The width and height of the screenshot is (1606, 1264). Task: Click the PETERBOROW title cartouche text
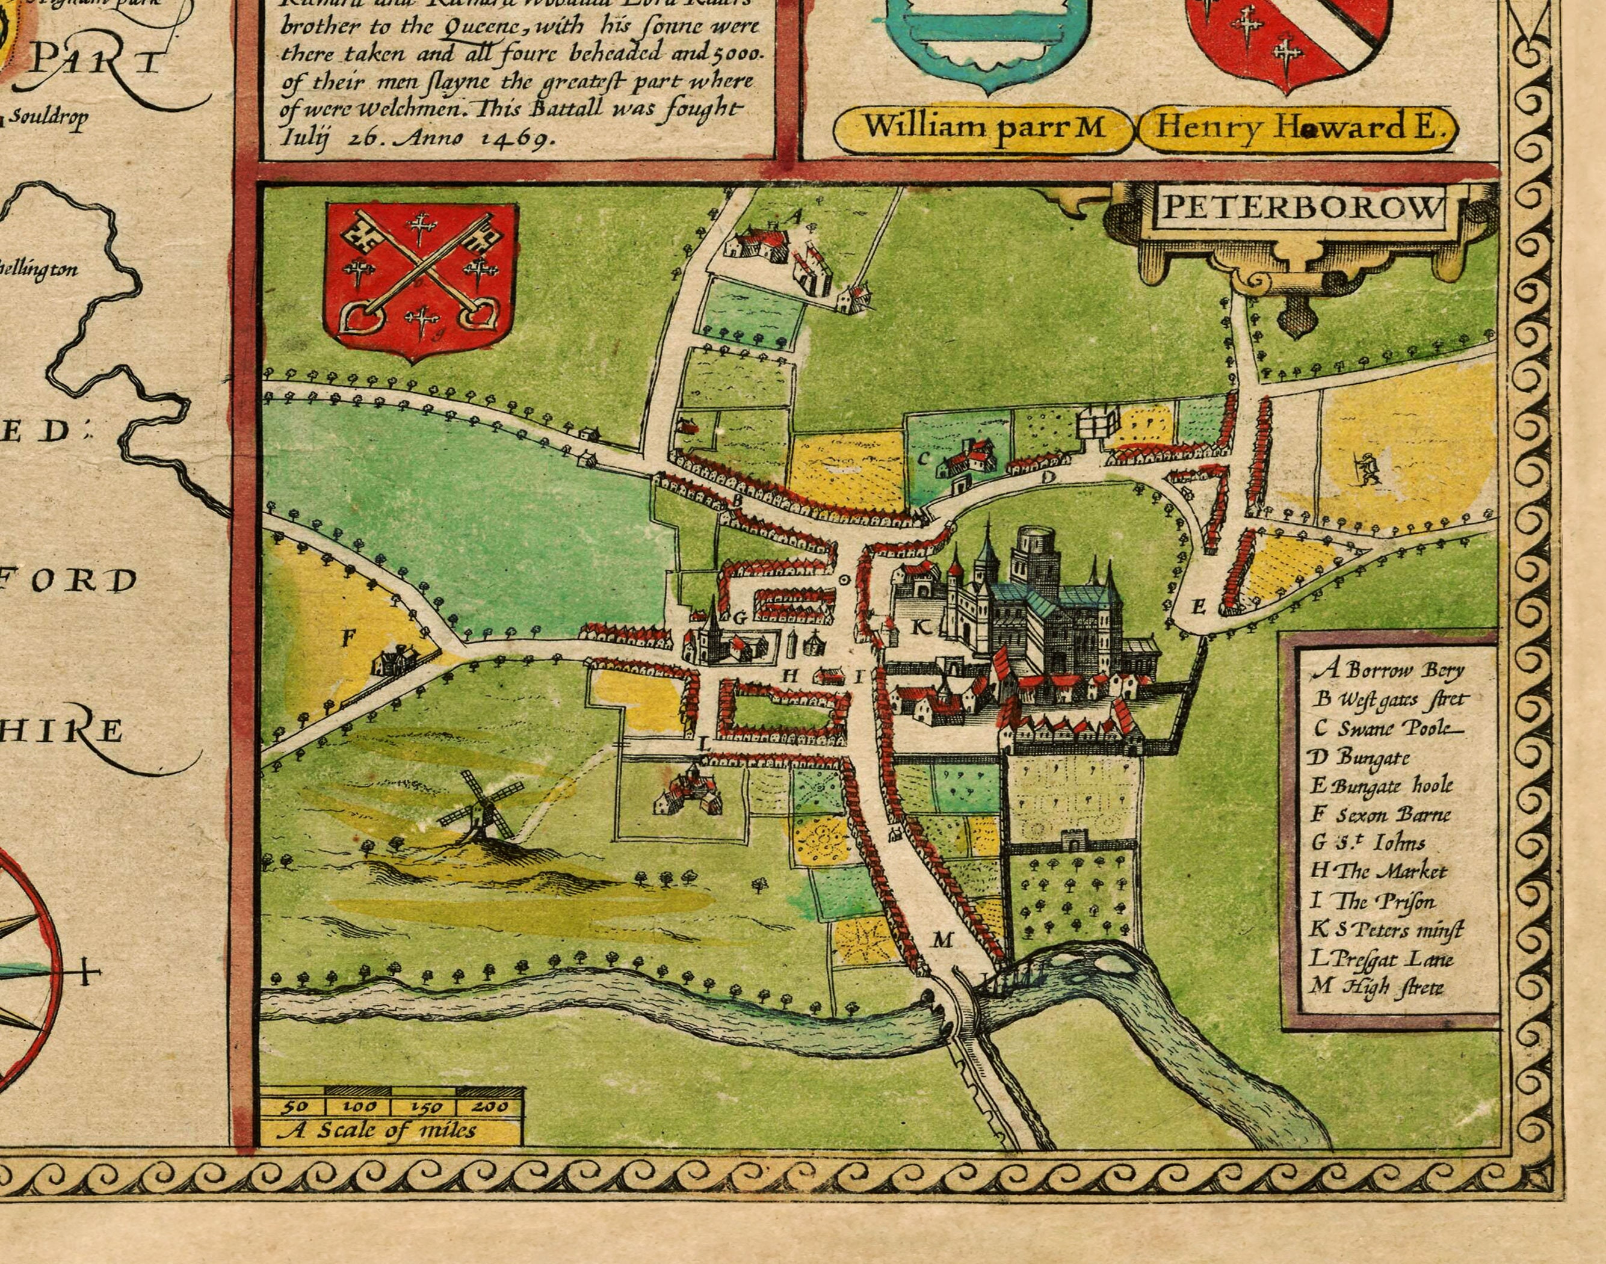[x=1300, y=210]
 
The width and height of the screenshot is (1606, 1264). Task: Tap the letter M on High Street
[x=942, y=940]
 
